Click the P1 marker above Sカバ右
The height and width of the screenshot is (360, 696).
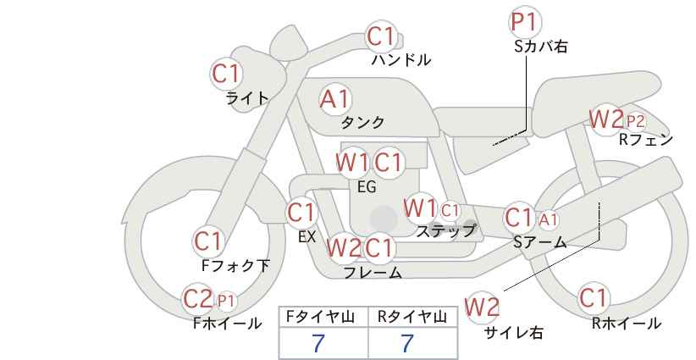[x=525, y=22]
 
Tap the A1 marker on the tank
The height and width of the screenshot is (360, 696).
[x=335, y=99]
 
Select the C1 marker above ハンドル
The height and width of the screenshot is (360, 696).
[x=381, y=36]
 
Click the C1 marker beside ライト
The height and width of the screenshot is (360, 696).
[x=226, y=74]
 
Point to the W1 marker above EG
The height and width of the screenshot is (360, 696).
[x=352, y=163]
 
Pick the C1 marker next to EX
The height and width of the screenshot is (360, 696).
[x=301, y=213]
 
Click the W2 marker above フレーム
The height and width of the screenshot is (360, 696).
[x=344, y=247]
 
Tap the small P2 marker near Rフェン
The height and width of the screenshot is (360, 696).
[x=636, y=121]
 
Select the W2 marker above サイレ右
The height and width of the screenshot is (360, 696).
[x=482, y=307]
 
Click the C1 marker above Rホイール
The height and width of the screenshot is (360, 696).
[x=593, y=298]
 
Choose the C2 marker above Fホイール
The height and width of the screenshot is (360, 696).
[x=198, y=299]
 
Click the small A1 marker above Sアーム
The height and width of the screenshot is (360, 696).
[x=549, y=219]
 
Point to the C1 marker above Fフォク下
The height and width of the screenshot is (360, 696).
[x=208, y=242]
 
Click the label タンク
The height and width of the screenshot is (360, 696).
[x=362, y=122]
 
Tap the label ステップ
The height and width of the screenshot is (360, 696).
[x=445, y=231]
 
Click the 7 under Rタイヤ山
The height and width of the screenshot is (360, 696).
[x=407, y=344]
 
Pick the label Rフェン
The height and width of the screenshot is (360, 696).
[x=646, y=140]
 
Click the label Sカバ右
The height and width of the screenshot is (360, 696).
[x=541, y=47]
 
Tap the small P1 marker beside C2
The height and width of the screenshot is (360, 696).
[x=226, y=302]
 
